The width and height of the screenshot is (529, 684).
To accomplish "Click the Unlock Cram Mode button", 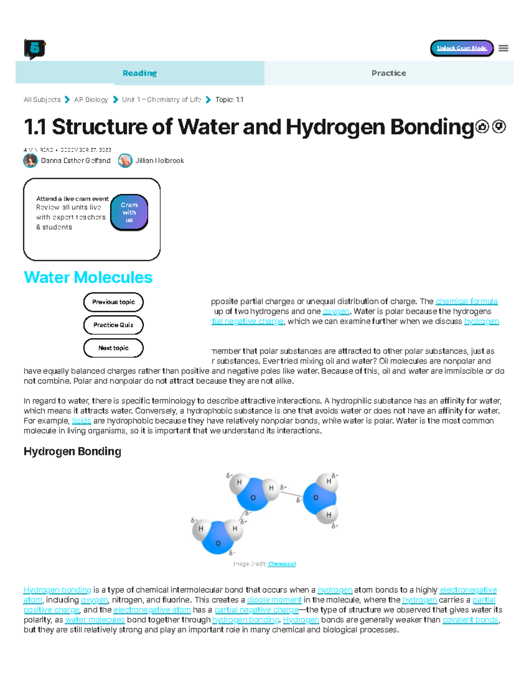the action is pyautogui.click(x=462, y=48).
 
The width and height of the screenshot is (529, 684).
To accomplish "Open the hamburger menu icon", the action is pyautogui.click(x=503, y=48).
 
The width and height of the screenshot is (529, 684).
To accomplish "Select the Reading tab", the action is pyautogui.click(x=140, y=73).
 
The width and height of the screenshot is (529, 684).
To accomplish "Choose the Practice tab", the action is pyautogui.click(x=388, y=73).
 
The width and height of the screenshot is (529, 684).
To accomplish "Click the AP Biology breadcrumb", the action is pyautogui.click(x=91, y=100).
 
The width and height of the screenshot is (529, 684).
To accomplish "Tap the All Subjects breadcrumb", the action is pyautogui.click(x=42, y=100).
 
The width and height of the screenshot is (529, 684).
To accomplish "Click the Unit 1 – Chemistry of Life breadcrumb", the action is pyautogui.click(x=161, y=100).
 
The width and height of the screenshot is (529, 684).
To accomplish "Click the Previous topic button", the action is pyautogui.click(x=113, y=302).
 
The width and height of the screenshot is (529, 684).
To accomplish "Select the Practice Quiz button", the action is pyautogui.click(x=113, y=325).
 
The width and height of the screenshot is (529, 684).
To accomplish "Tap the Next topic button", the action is pyautogui.click(x=113, y=348).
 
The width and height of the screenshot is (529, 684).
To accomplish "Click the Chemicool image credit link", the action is pyautogui.click(x=282, y=564).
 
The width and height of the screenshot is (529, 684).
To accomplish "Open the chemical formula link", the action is pyautogui.click(x=466, y=301).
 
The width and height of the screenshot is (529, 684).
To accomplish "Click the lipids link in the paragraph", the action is pyautogui.click(x=82, y=421).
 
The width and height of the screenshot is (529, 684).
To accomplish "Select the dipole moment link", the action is pyautogui.click(x=274, y=600).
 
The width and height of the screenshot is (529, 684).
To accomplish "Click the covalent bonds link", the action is pyautogui.click(x=470, y=620).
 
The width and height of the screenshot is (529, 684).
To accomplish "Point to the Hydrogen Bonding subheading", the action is pyautogui.click(x=72, y=451).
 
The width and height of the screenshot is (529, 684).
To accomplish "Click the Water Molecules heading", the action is pyautogui.click(x=88, y=277).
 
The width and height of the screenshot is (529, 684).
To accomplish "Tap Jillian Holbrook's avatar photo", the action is pyautogui.click(x=125, y=161).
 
